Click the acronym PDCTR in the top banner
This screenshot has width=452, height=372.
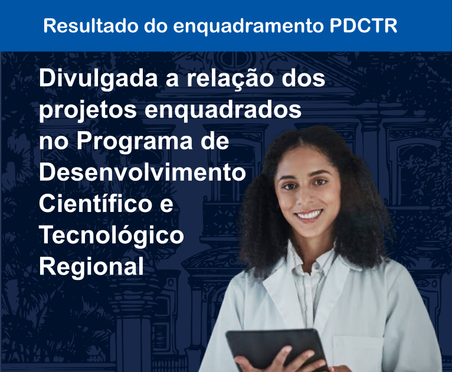tap(363, 25)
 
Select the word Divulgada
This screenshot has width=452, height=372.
tap(99, 79)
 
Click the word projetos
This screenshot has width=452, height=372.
tap(88, 111)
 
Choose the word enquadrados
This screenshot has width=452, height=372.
tap(223, 111)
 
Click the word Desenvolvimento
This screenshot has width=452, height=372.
tap(142, 172)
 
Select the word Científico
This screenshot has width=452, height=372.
tap(96, 203)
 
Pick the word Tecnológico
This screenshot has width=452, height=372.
tap(112, 236)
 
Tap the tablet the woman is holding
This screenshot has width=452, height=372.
tap(277, 347)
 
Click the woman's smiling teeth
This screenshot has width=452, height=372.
tap(309, 215)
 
